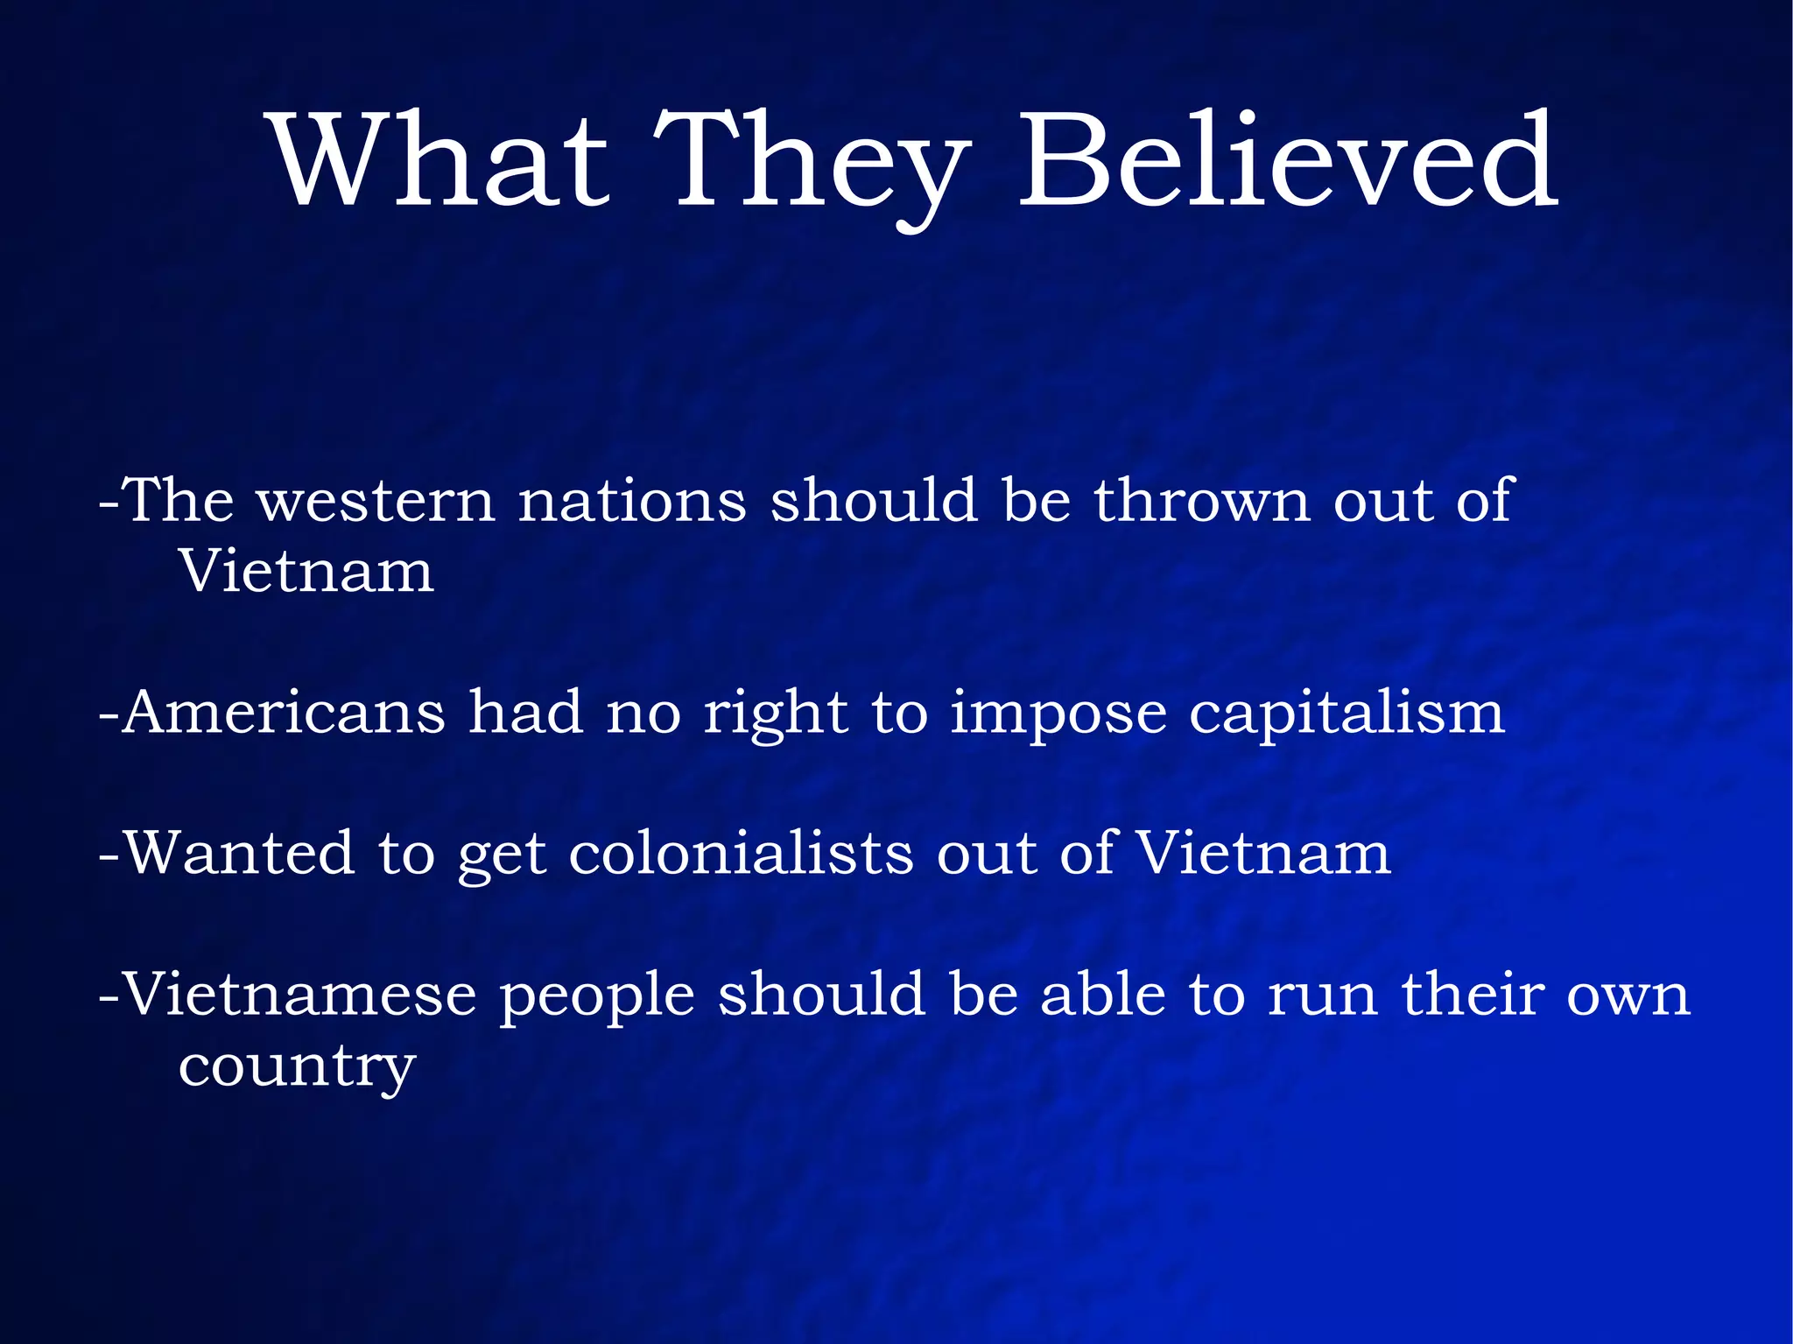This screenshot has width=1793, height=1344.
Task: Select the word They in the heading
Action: point(812,166)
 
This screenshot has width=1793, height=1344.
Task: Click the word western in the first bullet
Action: point(376,502)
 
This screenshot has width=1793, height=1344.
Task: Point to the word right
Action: point(776,714)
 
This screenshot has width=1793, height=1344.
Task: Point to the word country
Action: point(297,1068)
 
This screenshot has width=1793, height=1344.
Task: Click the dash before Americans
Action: point(109,714)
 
